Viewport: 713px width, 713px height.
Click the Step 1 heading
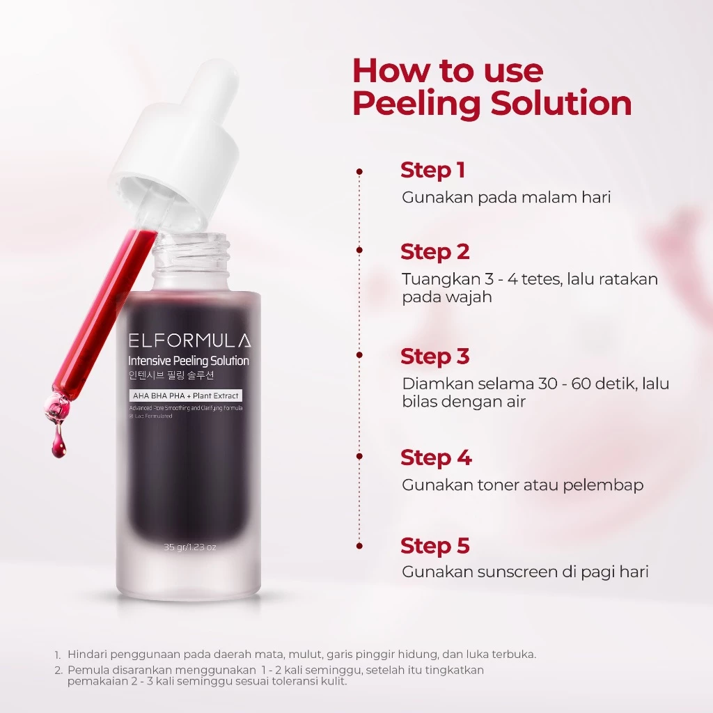[432, 171]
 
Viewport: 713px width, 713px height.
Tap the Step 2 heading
[434, 251]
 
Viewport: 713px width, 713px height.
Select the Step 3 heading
[434, 356]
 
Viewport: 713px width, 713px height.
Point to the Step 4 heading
[436, 458]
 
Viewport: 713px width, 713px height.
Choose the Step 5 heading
[434, 547]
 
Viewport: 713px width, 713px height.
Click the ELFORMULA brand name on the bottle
[189, 341]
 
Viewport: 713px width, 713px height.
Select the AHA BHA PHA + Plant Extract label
[185, 395]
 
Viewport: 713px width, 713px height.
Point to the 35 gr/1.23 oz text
[189, 547]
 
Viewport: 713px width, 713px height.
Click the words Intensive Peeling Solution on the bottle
[189, 361]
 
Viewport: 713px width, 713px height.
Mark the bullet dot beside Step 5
[359, 547]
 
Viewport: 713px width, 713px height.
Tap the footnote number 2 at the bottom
[58, 671]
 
